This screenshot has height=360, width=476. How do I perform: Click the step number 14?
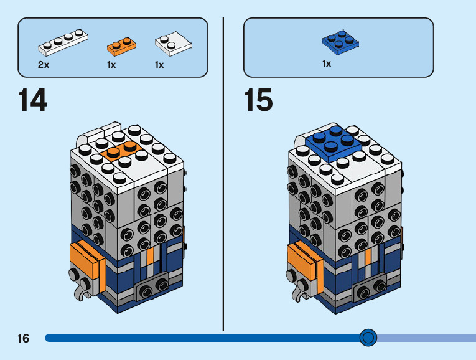32,100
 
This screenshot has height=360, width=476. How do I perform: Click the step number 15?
258,100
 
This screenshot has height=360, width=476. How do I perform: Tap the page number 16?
24,338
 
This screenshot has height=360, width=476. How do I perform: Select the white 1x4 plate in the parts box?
63,42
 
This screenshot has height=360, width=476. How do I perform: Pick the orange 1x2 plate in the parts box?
121,47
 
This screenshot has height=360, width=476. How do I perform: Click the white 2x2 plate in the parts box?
173,44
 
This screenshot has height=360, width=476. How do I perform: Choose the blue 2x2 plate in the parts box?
340,42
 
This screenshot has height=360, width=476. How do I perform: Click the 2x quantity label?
44,65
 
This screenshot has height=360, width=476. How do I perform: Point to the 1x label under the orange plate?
111,65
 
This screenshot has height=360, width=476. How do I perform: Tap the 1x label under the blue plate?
327,64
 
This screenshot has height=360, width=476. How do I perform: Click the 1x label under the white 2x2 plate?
159,65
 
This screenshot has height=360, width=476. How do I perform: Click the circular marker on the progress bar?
368,338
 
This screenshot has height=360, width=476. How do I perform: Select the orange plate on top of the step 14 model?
121,150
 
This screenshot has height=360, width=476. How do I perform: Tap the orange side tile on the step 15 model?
304,264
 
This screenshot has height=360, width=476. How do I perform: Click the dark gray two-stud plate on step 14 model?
152,286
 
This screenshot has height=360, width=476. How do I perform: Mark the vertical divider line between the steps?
223,174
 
